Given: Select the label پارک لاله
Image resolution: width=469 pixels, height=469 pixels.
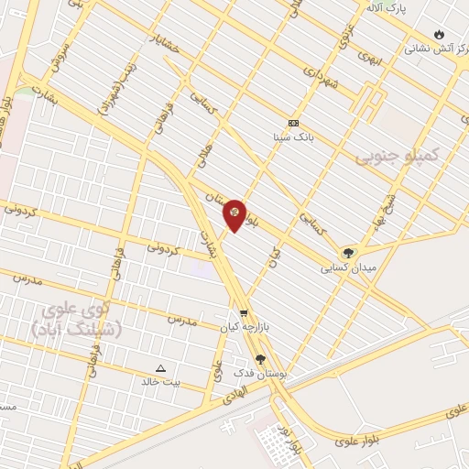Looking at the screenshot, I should (x=386, y=8).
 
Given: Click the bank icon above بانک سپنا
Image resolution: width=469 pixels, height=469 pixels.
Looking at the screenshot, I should (x=293, y=123).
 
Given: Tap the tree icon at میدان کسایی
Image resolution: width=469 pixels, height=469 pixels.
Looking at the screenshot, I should (x=348, y=253).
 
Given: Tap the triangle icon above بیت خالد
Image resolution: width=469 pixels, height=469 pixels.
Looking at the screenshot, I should (x=161, y=368).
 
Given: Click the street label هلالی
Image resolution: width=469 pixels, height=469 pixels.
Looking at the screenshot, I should (x=204, y=153).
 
